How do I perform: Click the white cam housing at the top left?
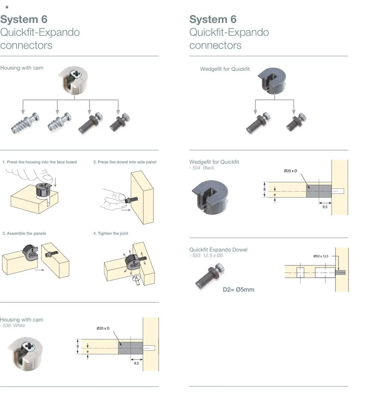click(x=74, y=80)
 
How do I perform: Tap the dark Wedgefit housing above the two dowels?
click(x=272, y=81)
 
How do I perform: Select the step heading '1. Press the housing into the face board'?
click(x=40, y=162)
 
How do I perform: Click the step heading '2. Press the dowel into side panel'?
click(x=125, y=162)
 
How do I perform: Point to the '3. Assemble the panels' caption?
click(x=24, y=233)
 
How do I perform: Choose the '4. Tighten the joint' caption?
click(x=111, y=233)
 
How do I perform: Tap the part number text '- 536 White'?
click(x=13, y=326)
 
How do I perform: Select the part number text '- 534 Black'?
click(x=202, y=168)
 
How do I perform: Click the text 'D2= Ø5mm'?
click(x=238, y=290)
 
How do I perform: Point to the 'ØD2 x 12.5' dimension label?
click(x=321, y=256)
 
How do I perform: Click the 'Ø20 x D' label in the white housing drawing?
click(x=103, y=328)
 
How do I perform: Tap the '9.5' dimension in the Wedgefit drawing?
click(x=325, y=207)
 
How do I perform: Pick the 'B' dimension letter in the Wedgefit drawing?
click(x=264, y=190)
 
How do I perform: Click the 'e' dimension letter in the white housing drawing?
click(x=88, y=351)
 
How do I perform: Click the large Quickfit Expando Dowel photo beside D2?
click(x=210, y=276)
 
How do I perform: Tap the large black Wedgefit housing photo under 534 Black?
click(x=210, y=197)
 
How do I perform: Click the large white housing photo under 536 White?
click(x=26, y=354)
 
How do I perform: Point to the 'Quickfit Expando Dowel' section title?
click(x=218, y=250)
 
